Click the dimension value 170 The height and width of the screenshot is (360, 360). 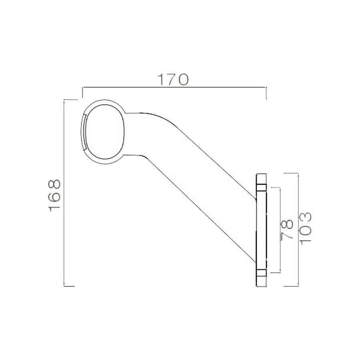(173, 80)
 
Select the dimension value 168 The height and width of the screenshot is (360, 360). (54, 196)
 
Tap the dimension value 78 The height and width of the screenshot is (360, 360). (288, 230)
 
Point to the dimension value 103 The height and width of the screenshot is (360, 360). (305, 229)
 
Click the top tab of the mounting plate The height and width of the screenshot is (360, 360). (261, 181)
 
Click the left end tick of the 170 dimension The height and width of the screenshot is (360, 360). (82, 92)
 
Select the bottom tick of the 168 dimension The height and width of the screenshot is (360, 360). (69, 286)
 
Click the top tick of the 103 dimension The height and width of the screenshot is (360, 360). (291, 173)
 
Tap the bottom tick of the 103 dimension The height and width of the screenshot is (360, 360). (291, 286)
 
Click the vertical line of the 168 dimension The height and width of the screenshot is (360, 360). (64, 240)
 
